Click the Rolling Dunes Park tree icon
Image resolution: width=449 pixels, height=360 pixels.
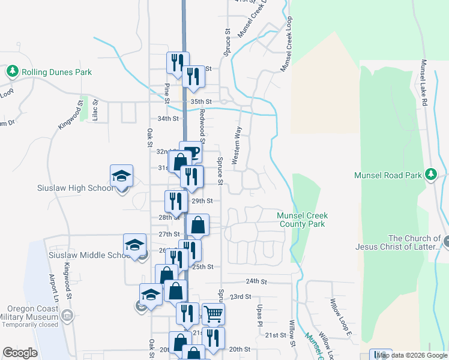[12, 72]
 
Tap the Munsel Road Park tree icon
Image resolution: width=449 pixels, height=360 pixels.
[430, 175]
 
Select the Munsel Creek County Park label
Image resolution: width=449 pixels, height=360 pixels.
[301, 220]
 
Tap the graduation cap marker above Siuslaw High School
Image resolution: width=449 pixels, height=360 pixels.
[121, 176]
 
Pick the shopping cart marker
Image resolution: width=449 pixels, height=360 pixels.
[213, 314]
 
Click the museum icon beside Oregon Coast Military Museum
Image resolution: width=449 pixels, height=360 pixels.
[67, 316]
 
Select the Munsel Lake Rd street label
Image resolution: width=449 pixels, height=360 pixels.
[424, 83]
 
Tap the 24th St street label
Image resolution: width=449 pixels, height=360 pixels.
[256, 281]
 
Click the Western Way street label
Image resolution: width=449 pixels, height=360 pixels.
[237, 146]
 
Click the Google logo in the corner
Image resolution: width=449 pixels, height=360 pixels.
[20, 353]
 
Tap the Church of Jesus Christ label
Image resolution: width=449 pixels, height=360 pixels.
[415, 242]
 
